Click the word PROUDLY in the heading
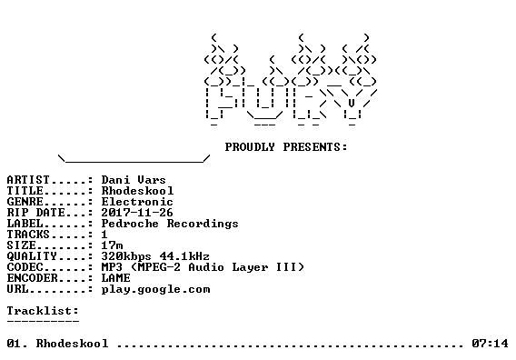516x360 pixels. tap(250, 147)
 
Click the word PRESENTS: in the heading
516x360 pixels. tap(315, 147)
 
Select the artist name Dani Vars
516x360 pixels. tap(134, 180)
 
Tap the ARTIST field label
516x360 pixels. tap(28, 180)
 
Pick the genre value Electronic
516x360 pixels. tap(137, 202)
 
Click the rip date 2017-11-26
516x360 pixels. tap(137, 213)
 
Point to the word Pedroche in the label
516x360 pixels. tap(130, 224)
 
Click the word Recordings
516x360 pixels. tap(203, 224)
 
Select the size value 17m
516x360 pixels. tap(113, 245)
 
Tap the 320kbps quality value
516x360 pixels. tap(126, 256)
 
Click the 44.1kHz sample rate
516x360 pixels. tap(184, 256)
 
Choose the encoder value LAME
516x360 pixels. tap(116, 278)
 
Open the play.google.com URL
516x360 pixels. tap(155, 289)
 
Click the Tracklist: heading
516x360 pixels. tap(43, 311)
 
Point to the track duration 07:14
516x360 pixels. tap(490, 344)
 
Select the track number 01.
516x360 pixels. tap(17, 344)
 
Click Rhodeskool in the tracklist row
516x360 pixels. tap(72, 344)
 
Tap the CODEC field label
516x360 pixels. tap(25, 267)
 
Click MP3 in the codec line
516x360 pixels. tap(113, 267)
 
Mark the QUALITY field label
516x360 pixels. tap(32, 256)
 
